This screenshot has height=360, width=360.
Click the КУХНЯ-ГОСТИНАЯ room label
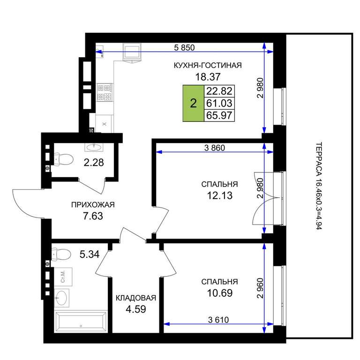pos(208,66)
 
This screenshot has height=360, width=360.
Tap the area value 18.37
pos(208,77)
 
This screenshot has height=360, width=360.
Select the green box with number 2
pos(193,103)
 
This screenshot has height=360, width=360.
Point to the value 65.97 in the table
pos(219,115)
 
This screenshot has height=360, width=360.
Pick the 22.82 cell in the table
pos(219,91)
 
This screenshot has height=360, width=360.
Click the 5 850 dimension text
pos(184,47)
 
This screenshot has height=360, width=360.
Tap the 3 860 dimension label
pos(215,148)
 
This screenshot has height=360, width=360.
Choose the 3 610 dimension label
pos(218,320)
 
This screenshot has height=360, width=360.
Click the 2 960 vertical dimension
pos(260,288)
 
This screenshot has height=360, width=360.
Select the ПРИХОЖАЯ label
pos(93,204)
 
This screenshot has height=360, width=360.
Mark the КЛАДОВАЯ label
pos(136,298)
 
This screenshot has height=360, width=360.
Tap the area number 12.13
pos(220,195)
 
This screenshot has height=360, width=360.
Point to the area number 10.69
pos(220,293)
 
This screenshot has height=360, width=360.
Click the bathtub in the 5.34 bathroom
pos(81,322)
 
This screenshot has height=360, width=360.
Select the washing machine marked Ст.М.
pos(63,277)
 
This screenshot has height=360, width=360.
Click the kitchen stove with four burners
pos(105,92)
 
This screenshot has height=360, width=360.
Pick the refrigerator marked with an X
pos(104,124)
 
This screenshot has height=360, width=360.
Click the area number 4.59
pos(136,309)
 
